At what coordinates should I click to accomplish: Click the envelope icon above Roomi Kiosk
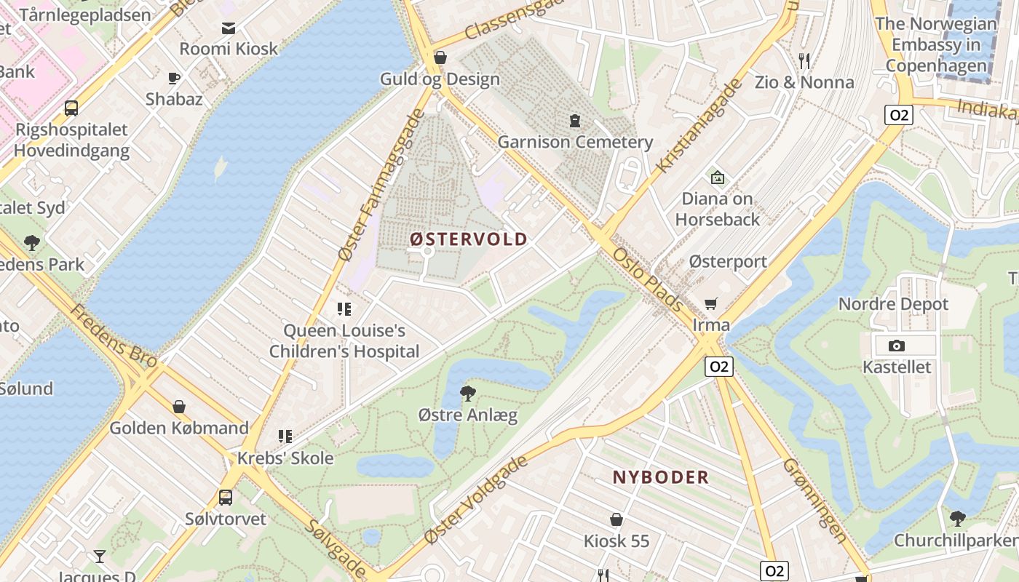click(229, 28)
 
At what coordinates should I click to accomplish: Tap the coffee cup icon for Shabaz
click(173, 78)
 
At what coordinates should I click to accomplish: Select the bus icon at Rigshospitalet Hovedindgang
click(71, 108)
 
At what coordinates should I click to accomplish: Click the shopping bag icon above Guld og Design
click(440, 57)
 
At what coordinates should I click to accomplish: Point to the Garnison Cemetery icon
click(575, 120)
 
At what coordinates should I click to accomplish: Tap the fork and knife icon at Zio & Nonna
click(804, 61)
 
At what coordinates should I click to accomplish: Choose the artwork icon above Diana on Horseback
click(717, 177)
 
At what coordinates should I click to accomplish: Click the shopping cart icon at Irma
click(710, 303)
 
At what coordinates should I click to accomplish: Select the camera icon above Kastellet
click(897, 346)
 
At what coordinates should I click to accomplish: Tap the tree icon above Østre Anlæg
click(468, 394)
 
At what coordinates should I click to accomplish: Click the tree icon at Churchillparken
click(958, 519)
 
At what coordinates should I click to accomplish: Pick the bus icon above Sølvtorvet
click(226, 498)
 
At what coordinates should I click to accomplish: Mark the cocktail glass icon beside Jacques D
click(100, 557)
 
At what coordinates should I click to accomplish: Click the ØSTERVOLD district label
click(468, 239)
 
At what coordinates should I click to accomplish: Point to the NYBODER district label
click(660, 477)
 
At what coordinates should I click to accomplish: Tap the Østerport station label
click(727, 262)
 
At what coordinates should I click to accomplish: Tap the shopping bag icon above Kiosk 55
click(616, 519)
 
